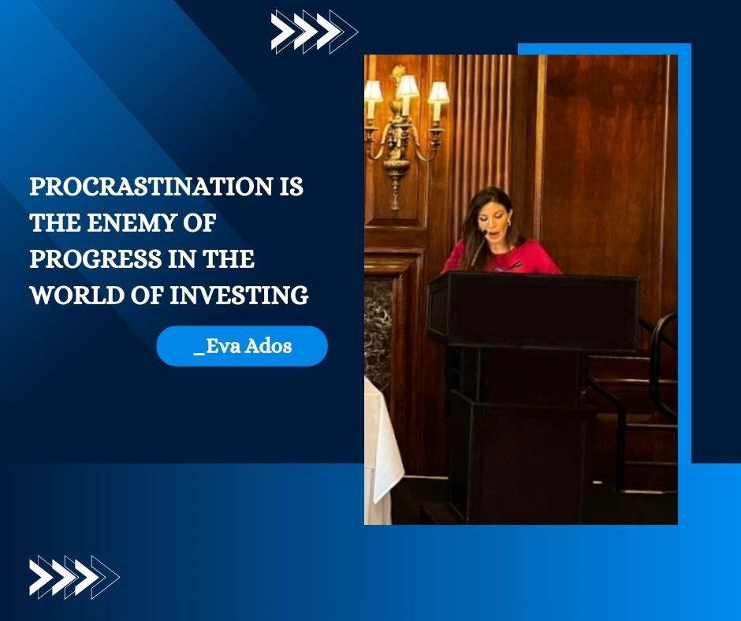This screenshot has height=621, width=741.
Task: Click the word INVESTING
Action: pyautogui.click(x=239, y=296)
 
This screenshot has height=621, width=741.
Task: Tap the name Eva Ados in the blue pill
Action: pyautogui.click(x=243, y=347)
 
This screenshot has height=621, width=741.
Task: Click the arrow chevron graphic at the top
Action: pyautogui.click(x=315, y=32)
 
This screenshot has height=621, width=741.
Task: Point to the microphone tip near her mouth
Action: pyautogui.click(x=483, y=232)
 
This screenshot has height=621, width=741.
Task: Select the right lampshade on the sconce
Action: pyautogui.click(x=438, y=92)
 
